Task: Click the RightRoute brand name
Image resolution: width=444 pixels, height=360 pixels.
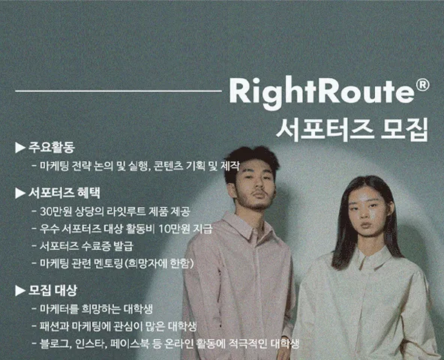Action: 321,91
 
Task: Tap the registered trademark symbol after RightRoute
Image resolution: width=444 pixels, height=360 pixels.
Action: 423,85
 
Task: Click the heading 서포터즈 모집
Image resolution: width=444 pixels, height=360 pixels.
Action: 352,129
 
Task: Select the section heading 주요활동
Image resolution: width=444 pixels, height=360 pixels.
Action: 52,148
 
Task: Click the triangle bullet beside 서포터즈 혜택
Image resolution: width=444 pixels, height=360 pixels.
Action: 20,193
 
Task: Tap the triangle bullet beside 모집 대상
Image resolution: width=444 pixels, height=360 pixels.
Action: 20,290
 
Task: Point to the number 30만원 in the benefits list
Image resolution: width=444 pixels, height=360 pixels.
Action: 55,211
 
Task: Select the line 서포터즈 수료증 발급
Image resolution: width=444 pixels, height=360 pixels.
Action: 86,246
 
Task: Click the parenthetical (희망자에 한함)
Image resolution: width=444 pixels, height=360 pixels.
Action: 160,264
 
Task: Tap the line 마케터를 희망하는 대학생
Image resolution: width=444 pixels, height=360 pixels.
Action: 96,309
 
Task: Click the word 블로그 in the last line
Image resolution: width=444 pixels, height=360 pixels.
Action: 54,343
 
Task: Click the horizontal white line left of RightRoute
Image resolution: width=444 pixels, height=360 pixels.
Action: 118,91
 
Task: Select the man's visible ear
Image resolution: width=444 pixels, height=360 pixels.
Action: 232,191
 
